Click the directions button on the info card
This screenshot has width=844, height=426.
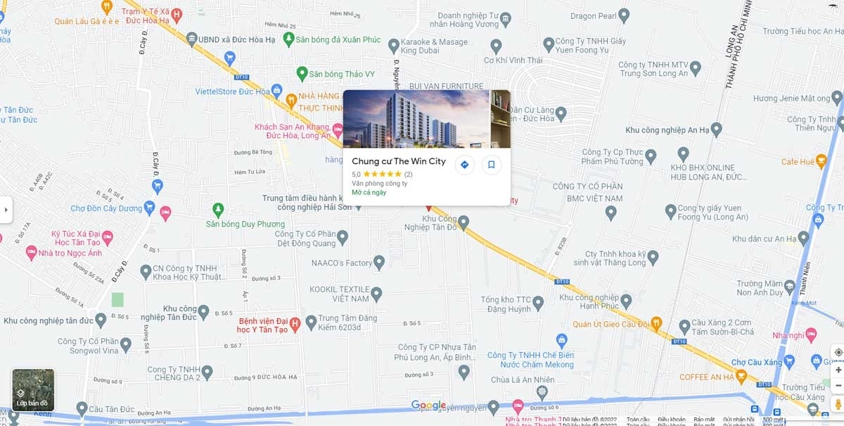coord(464,165)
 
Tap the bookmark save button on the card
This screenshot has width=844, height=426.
coord(492,165)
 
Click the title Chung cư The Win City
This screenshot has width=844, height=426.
coord(398,161)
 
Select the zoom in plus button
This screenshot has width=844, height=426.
coord(838,370)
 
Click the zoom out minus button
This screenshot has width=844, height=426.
coord(838,386)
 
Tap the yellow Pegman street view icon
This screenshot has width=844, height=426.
coord(838,404)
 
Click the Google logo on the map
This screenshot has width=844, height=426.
coord(428,405)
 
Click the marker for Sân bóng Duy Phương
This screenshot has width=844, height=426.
coord(218,209)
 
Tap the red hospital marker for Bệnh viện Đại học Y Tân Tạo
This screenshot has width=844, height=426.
coord(295,324)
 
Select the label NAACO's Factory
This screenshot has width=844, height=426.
coord(342,263)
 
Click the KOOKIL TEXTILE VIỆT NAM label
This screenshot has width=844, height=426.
coord(340,294)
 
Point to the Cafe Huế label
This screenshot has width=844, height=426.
coord(798,162)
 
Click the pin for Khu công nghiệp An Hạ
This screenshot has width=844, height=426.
coord(716,129)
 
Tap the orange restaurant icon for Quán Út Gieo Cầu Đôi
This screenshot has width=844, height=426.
coord(656,324)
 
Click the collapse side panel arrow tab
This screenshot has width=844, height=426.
coord(6,209)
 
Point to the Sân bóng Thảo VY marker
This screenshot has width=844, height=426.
coord(302,73)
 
